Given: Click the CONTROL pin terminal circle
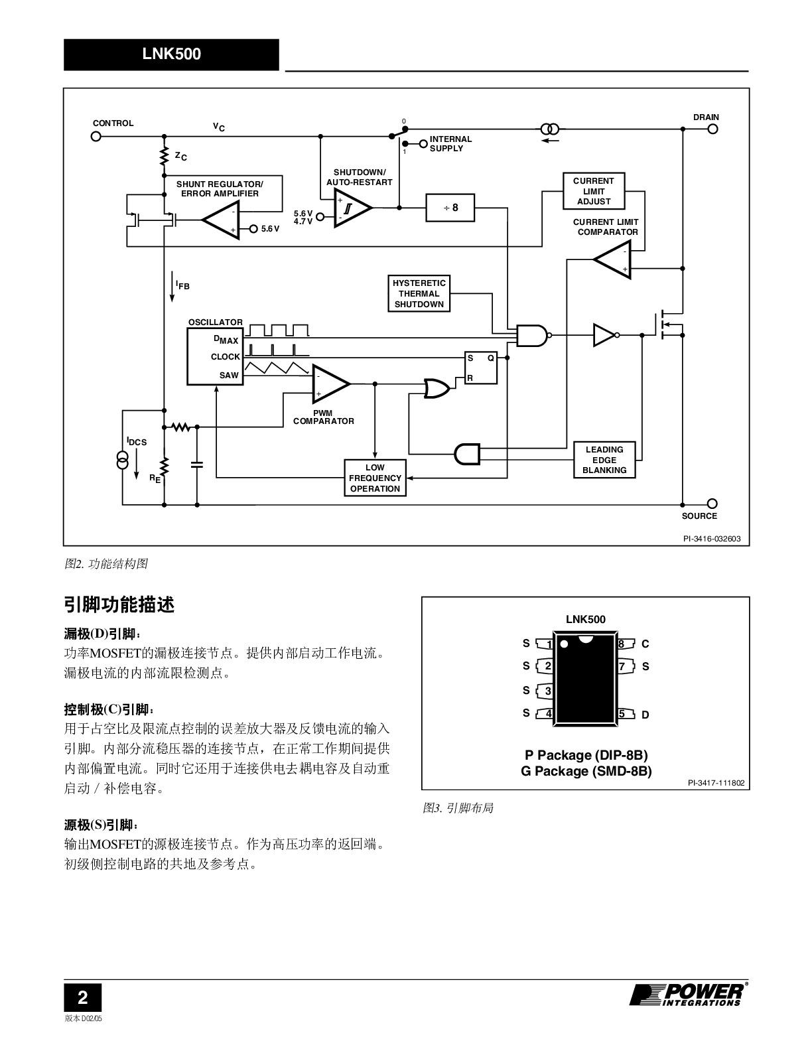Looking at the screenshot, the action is click(96, 137).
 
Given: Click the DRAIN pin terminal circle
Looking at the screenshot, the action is click(712, 129).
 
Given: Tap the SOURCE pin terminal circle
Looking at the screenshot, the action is click(712, 504).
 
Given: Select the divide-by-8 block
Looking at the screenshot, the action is click(450, 208).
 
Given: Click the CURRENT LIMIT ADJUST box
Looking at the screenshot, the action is click(593, 191).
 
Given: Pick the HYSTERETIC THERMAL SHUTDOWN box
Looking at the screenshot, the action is click(419, 293).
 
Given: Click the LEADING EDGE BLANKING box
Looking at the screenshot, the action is click(604, 460).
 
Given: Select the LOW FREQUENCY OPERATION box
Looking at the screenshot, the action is click(375, 478).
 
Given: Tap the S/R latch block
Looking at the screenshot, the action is click(481, 368).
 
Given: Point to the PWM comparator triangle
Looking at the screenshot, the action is click(330, 384).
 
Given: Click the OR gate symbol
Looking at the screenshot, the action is click(437, 388).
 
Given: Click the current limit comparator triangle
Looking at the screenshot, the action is click(613, 259).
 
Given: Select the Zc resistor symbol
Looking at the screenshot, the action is click(165, 156).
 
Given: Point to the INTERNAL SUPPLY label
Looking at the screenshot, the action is click(450, 143).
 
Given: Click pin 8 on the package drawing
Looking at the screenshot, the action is click(626, 644).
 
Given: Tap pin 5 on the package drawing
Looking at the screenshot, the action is click(626, 714).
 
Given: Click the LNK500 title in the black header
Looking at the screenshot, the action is click(172, 54).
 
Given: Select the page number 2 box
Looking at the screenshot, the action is click(83, 997).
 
